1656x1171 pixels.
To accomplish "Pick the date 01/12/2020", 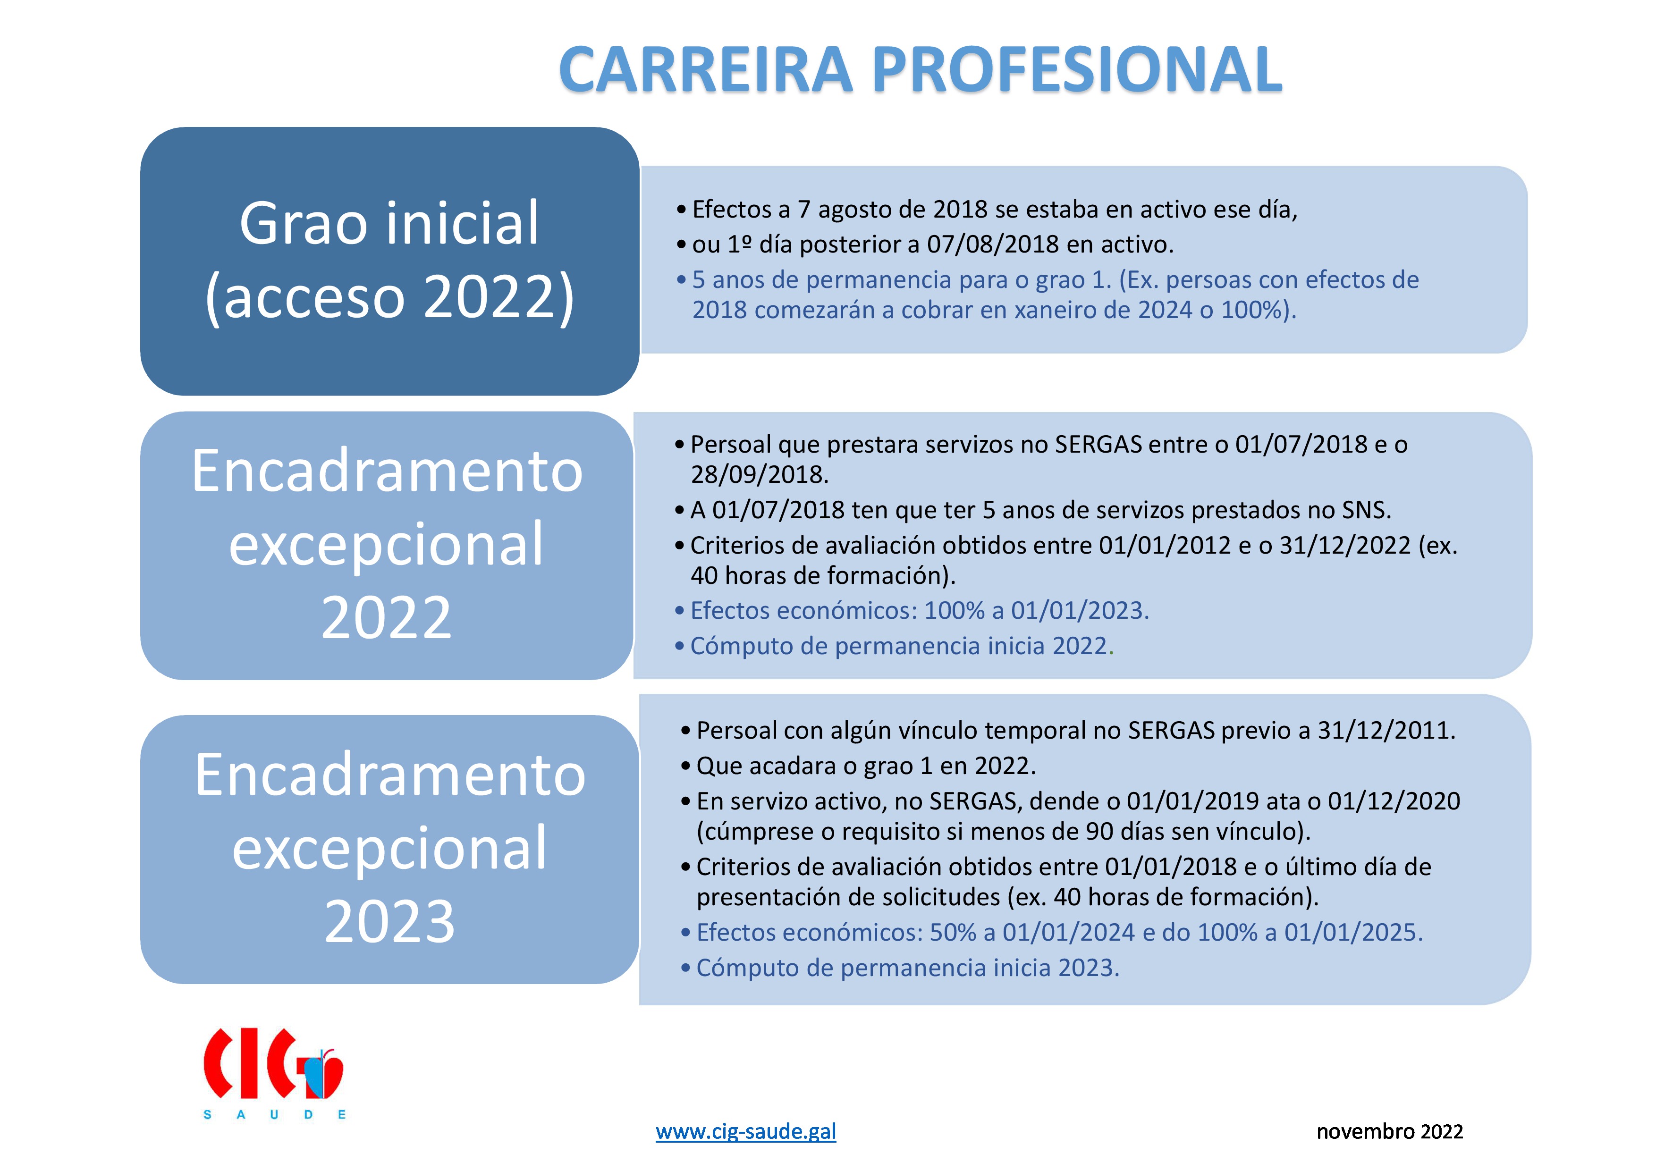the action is coord(1394,801).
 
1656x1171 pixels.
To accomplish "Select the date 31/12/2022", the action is coord(1345,545).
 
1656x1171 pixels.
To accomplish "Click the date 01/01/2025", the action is coord(1353,932).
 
